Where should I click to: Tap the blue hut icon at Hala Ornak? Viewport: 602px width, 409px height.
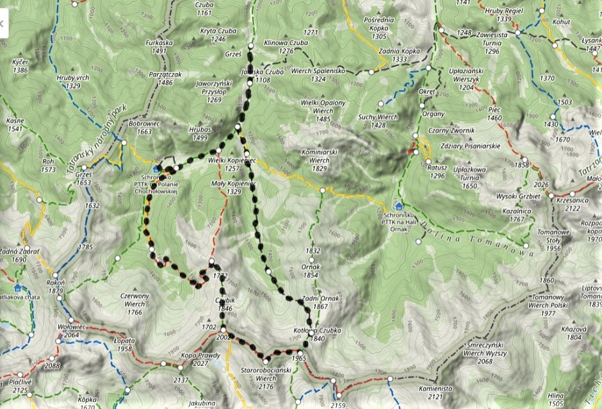(399, 206)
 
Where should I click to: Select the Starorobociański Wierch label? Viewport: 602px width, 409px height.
(257, 374)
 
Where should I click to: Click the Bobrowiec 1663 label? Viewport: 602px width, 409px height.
(140, 127)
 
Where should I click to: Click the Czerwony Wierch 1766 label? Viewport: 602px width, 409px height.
(134, 304)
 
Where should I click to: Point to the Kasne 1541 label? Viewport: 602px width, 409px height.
(15, 124)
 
